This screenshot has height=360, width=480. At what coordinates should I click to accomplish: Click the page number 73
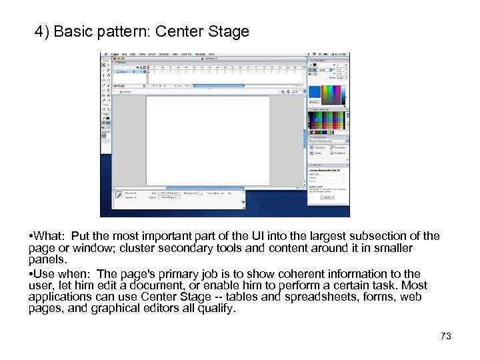[446, 336]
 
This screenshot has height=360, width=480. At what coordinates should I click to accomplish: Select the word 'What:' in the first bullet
[50, 237]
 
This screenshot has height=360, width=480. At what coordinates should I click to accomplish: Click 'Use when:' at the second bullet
[61, 274]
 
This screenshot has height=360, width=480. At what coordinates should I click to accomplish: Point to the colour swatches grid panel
[327, 123]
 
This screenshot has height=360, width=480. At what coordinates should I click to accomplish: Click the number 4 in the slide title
[39, 32]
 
